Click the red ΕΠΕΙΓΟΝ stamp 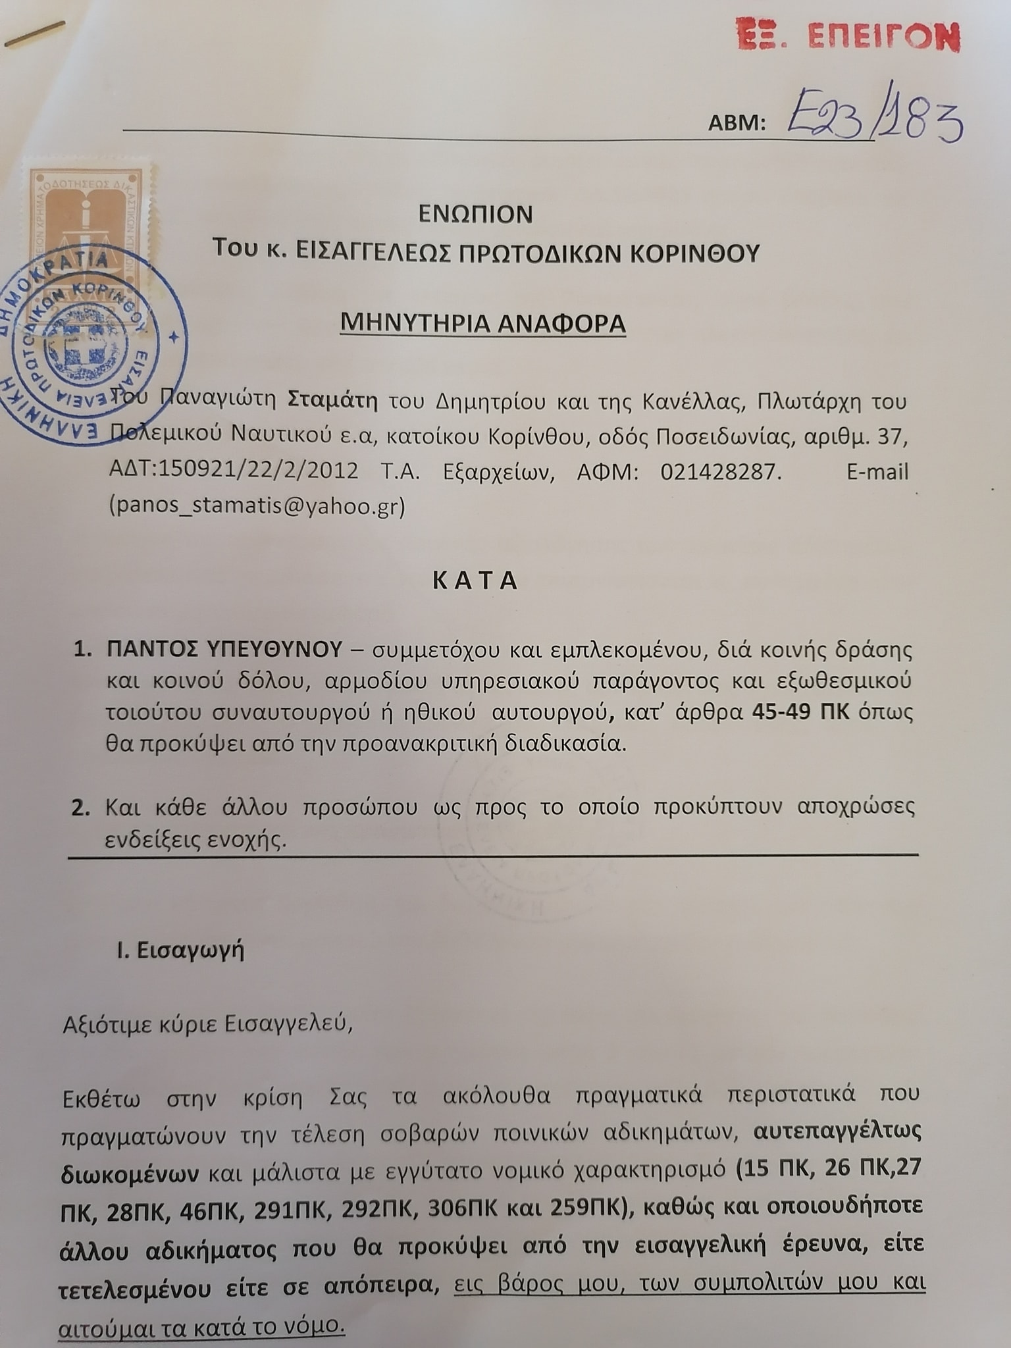[x=848, y=36]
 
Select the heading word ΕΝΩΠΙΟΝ [x=476, y=214]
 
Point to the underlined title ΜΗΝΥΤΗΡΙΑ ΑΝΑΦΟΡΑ [x=482, y=323]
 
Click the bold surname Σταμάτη [x=333, y=400]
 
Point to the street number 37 [x=893, y=436]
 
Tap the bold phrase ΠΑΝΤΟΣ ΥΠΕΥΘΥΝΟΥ [x=224, y=650]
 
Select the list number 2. [x=80, y=808]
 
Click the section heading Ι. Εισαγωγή [x=180, y=950]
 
